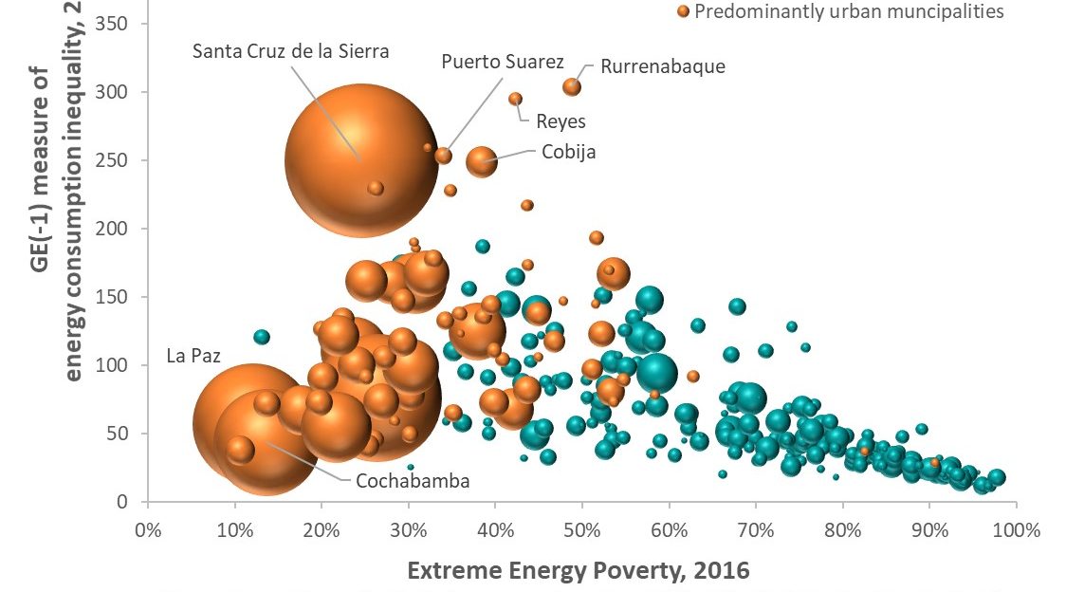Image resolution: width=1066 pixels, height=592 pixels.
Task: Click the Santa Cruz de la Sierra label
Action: (290, 51)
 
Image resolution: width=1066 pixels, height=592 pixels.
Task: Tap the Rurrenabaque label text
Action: (663, 66)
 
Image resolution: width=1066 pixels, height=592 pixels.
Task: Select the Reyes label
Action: (561, 121)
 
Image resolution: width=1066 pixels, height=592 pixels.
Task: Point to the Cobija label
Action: (569, 152)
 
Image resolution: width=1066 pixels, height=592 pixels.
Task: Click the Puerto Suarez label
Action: (503, 63)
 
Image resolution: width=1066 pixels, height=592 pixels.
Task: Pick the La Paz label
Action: (193, 357)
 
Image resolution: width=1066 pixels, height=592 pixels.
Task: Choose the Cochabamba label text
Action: (413, 481)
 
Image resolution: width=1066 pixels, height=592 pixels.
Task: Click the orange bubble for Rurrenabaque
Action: (572, 87)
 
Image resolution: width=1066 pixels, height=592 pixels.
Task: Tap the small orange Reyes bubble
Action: (516, 99)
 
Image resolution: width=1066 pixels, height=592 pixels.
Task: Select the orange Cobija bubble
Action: (482, 161)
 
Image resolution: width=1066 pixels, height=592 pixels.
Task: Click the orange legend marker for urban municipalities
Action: (682, 12)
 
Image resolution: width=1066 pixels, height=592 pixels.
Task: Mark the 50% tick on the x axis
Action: (581, 528)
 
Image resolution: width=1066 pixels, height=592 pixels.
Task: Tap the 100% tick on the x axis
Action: (1015, 528)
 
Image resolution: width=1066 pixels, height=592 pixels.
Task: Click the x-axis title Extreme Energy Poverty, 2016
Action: (579, 570)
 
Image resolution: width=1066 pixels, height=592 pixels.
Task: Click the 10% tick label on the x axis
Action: (234, 528)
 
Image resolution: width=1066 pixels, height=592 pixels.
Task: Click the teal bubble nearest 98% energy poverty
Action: (996, 478)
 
